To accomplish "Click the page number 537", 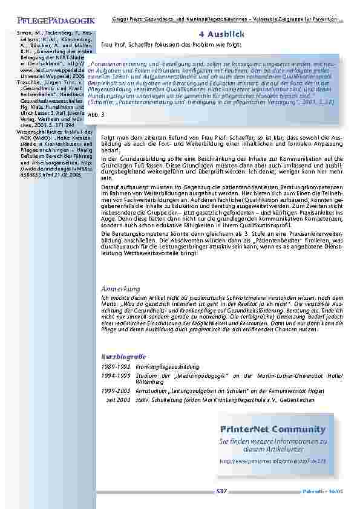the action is click(221, 491).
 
